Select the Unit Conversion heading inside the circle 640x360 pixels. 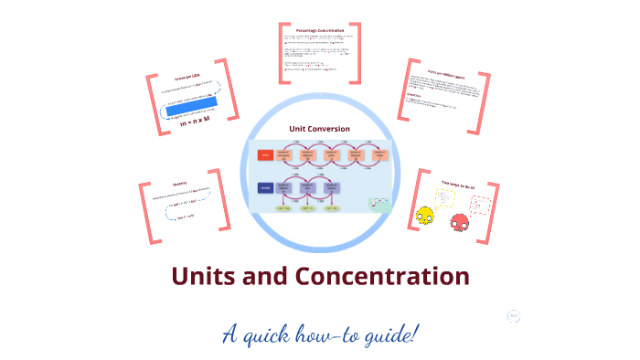[319, 129]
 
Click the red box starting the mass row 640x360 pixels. [265, 155]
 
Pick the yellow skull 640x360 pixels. [425, 217]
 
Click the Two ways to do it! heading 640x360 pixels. [457, 185]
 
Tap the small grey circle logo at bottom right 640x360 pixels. [514, 316]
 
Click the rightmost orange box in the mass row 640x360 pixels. [379, 155]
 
